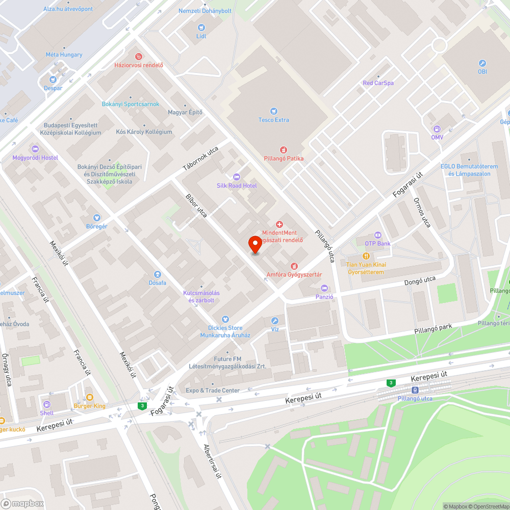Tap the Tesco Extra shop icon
[x=274, y=111]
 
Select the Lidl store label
[x=200, y=36]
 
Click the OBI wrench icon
[x=482, y=63]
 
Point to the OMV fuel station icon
[x=437, y=129]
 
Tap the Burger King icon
[x=90, y=397]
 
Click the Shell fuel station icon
[x=46, y=404]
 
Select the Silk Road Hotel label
[x=237, y=186]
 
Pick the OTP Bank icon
[x=378, y=235]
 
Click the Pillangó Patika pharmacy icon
[x=284, y=150]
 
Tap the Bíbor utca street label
[x=196, y=206]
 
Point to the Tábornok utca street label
[x=200, y=159]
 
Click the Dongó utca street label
[x=420, y=280]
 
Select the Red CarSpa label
[x=378, y=83]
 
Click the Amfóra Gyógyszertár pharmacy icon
[x=294, y=266]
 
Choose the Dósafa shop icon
[x=157, y=274]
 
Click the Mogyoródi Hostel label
[x=35, y=158]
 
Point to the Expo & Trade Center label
[x=213, y=391]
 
